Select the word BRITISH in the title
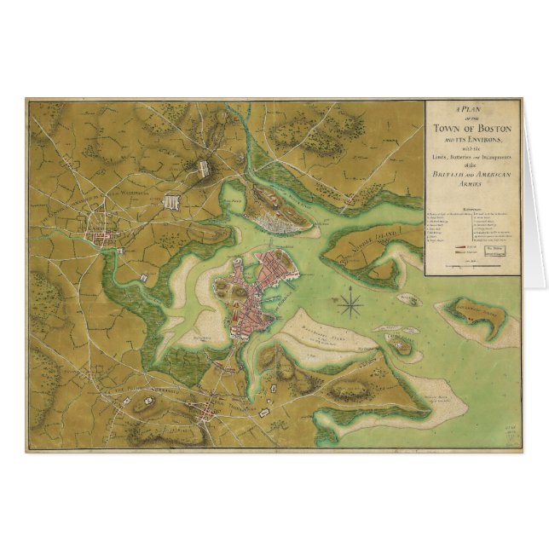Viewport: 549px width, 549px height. (x=452, y=173)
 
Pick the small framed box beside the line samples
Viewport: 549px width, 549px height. (x=497, y=250)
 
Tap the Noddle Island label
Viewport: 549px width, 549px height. (x=381, y=241)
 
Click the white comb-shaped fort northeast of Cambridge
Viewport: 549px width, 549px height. (x=172, y=203)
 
